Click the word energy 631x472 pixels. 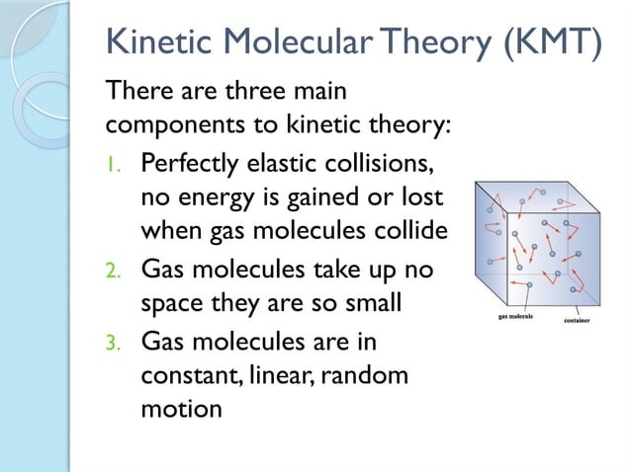tap(217, 197)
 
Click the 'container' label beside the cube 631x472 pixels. tap(578, 322)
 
